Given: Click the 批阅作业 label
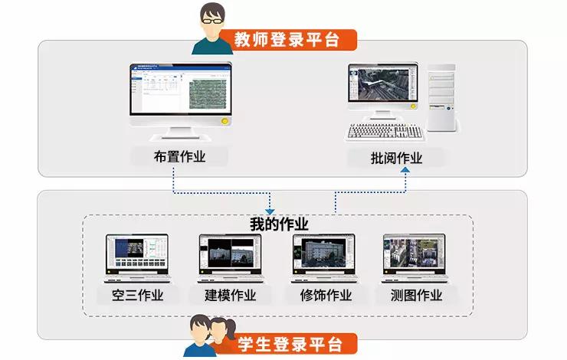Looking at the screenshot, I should click(x=395, y=159).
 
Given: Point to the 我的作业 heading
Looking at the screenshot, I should click(x=279, y=224).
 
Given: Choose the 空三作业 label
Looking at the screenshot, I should click(x=131, y=295).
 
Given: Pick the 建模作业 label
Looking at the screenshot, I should click(x=230, y=295).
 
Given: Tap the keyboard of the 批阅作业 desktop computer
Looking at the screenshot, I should click(x=385, y=132).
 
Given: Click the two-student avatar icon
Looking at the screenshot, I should click(x=208, y=335).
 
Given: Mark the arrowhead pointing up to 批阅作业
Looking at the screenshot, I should click(x=405, y=171).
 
